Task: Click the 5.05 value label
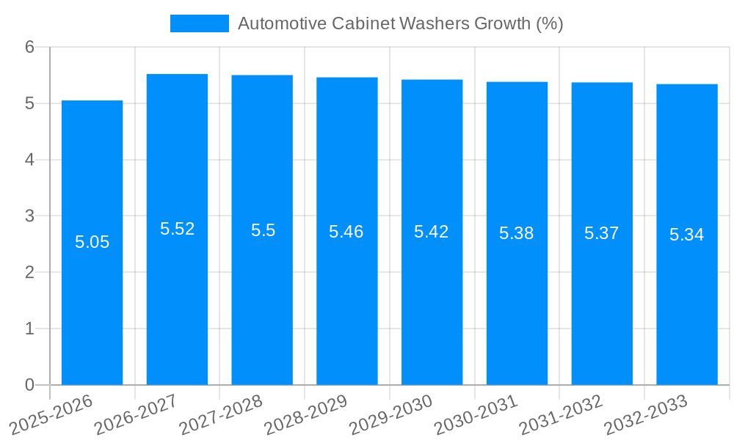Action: point(92,242)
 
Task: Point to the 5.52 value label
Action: point(177,229)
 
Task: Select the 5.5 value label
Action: point(263,230)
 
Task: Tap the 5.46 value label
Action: point(346,232)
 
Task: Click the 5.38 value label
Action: point(517,233)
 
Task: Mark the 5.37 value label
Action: point(602,233)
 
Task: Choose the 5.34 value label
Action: point(686,235)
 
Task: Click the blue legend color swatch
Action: point(199,23)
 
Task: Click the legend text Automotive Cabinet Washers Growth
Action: point(400,23)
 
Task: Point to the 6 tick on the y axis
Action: point(29,47)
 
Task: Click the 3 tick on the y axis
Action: point(29,216)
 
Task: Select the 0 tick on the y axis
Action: point(29,385)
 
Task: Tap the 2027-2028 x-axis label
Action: point(221,414)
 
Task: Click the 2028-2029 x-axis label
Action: point(306,414)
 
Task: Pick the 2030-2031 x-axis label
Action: point(476,414)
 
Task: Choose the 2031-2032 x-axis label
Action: point(562,414)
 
